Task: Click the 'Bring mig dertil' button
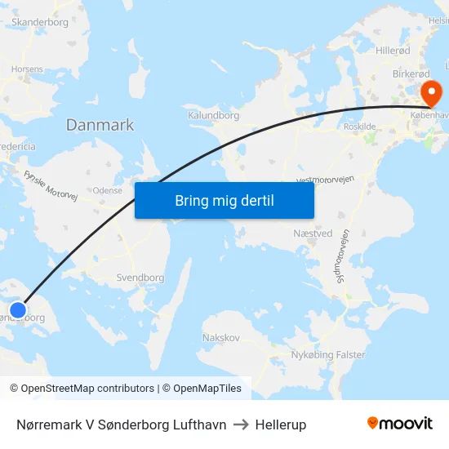tap(224, 200)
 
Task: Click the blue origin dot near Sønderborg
tap(18, 310)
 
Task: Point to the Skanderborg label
tap(40, 22)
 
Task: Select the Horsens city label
tap(28, 69)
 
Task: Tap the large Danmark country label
tap(100, 125)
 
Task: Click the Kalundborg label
tap(213, 116)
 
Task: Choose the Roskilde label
tap(360, 127)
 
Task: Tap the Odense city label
tap(108, 190)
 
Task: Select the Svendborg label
tap(140, 278)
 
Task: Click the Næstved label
tap(312, 233)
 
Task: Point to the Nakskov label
tap(220, 337)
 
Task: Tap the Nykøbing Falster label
tap(328, 355)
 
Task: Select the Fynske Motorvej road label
tap(50, 187)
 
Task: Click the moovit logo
tap(400, 424)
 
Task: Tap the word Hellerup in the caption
tap(281, 425)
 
